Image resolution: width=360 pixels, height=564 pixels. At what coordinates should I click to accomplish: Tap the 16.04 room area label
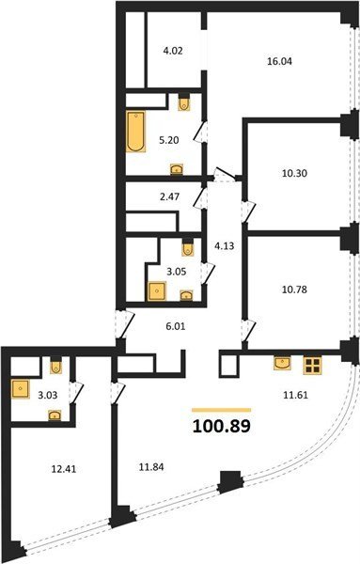[279, 61]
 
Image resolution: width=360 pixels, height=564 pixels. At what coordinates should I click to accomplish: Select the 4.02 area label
[173, 51]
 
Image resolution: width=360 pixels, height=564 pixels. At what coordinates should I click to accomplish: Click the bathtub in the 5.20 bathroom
[135, 132]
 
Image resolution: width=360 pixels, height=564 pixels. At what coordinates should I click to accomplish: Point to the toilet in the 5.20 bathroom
[184, 102]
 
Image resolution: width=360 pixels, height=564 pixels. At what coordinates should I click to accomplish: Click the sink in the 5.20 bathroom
[177, 168]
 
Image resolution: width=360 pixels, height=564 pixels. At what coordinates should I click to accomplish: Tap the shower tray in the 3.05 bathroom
[157, 291]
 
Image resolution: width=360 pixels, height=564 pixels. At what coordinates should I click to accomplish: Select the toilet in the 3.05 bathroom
[187, 247]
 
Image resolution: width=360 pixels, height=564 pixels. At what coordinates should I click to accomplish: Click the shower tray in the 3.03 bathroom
[20, 389]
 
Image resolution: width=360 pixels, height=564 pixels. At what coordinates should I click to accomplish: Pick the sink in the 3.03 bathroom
[55, 415]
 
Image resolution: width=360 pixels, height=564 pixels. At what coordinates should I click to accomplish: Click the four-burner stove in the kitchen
[312, 365]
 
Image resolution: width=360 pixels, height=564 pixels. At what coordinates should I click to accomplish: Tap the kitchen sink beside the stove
[282, 363]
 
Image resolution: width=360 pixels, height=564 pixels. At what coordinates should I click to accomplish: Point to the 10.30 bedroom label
[294, 173]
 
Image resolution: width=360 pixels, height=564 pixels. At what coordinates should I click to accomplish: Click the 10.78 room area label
[294, 290]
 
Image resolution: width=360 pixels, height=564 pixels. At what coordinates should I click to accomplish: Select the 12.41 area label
[64, 469]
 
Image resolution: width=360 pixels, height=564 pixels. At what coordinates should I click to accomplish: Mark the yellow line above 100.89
[222, 410]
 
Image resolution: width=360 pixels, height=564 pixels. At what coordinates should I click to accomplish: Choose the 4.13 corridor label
[224, 246]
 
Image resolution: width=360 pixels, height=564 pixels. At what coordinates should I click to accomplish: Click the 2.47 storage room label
[169, 196]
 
